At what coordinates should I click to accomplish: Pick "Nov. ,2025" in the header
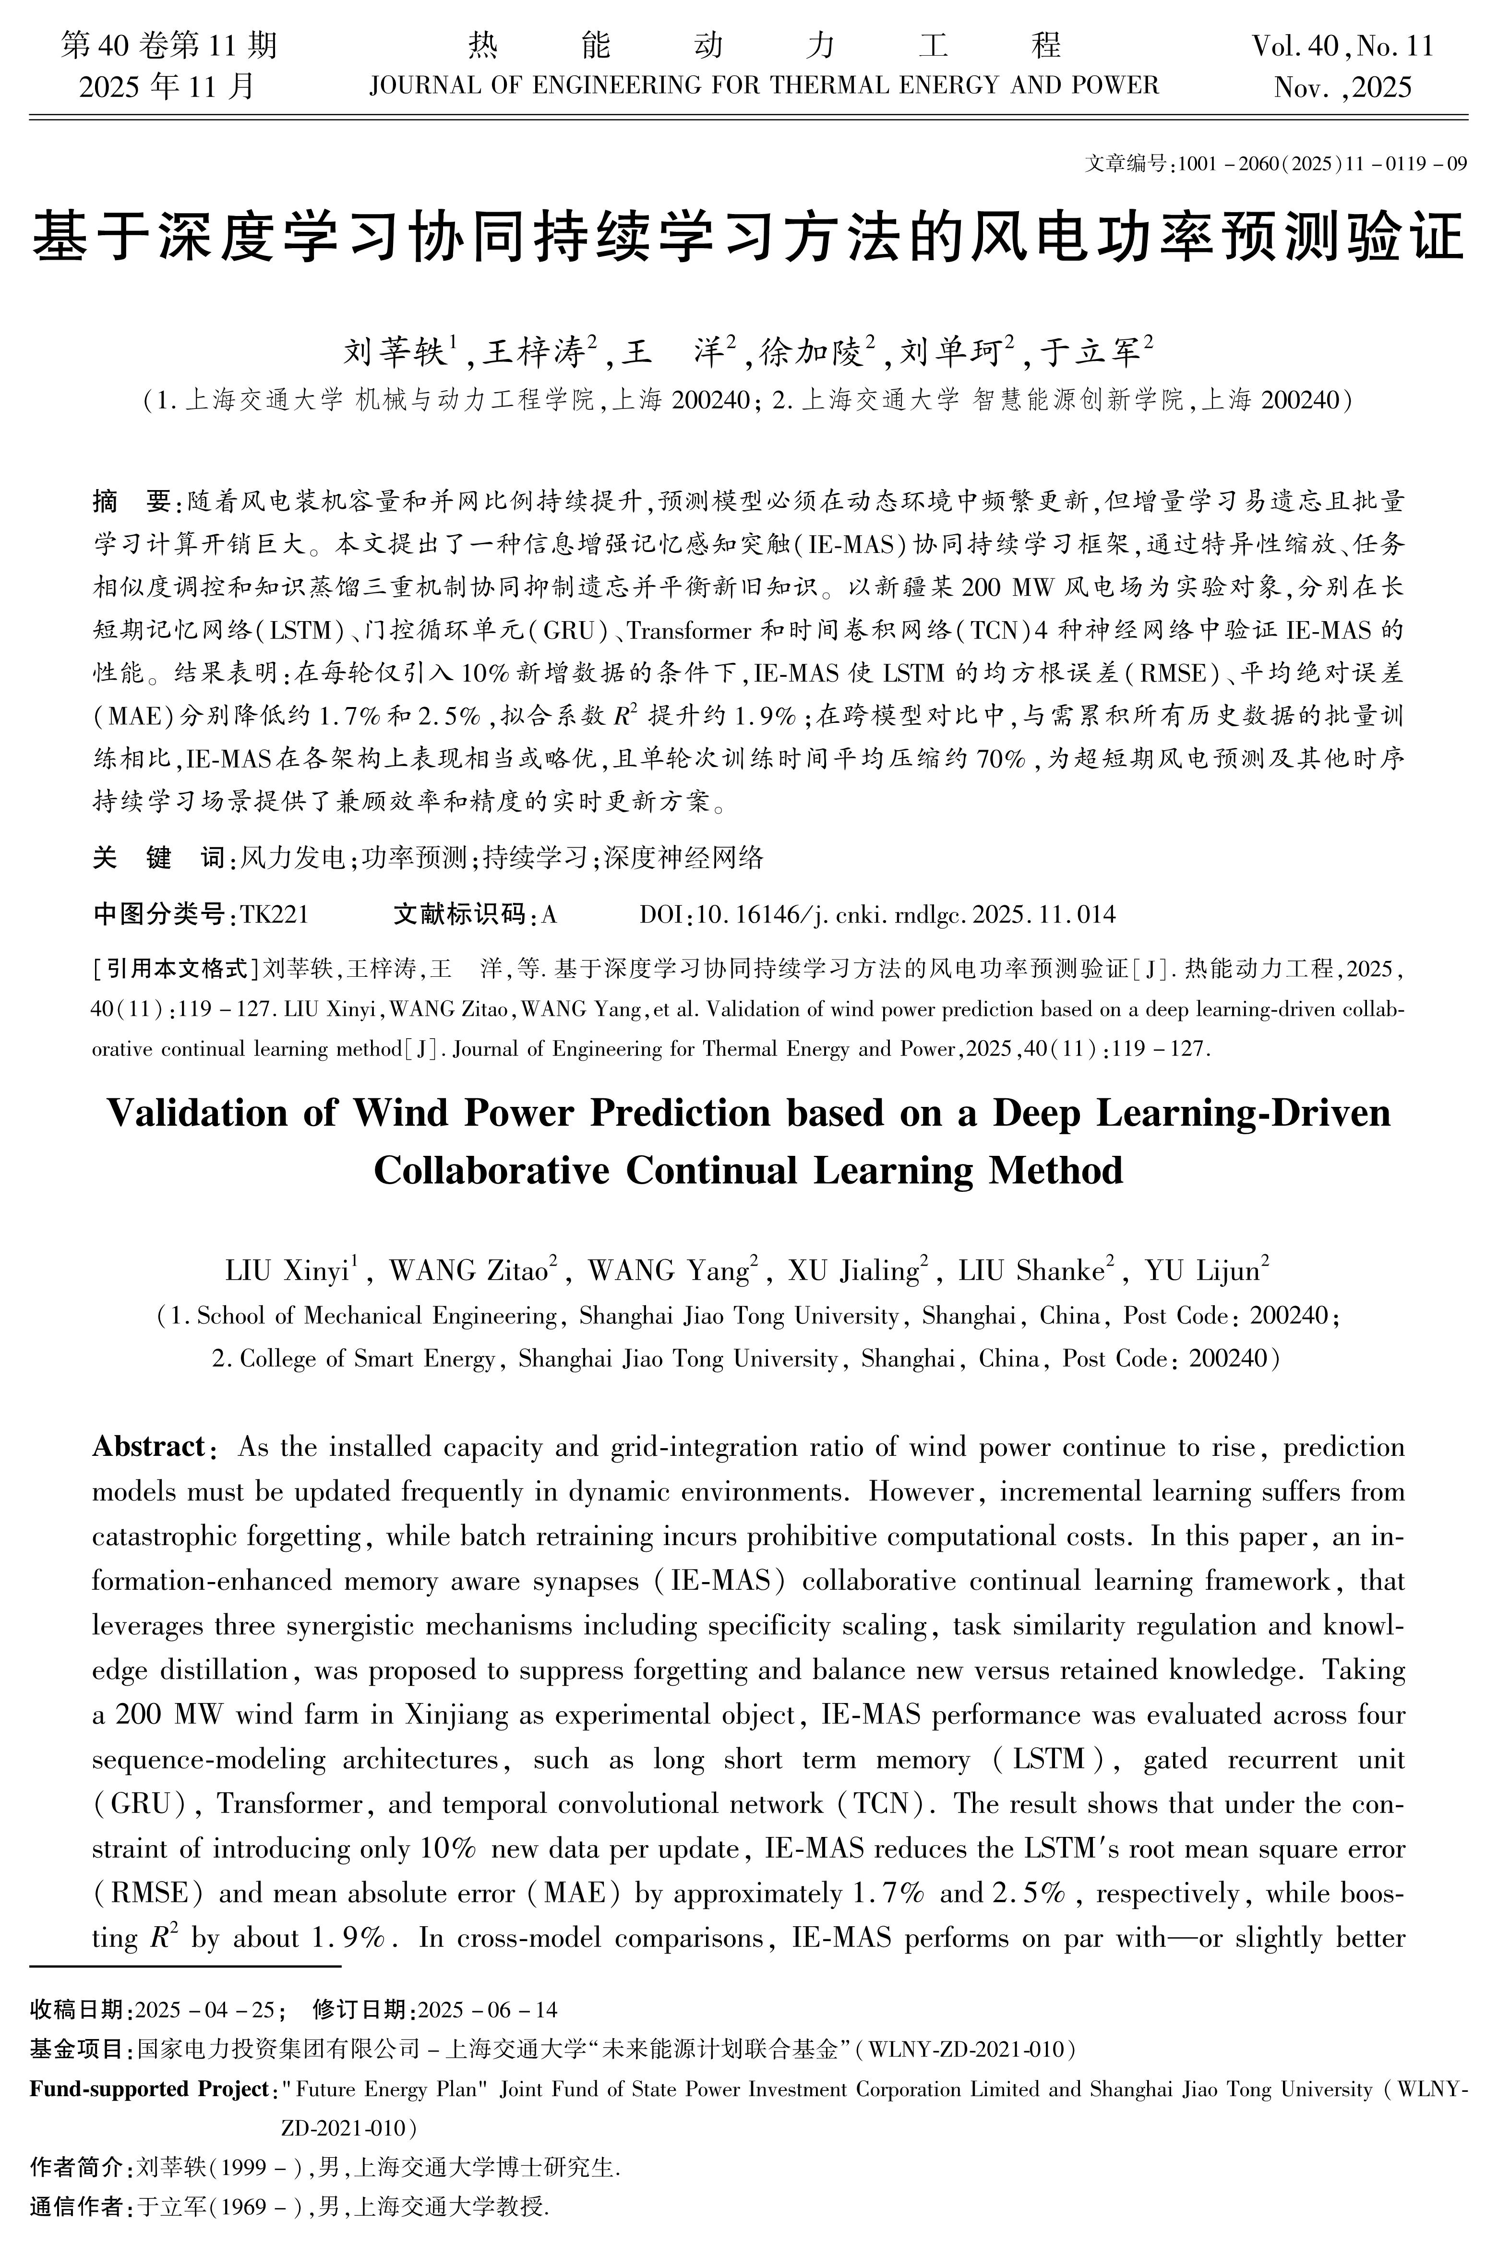coord(1342,88)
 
